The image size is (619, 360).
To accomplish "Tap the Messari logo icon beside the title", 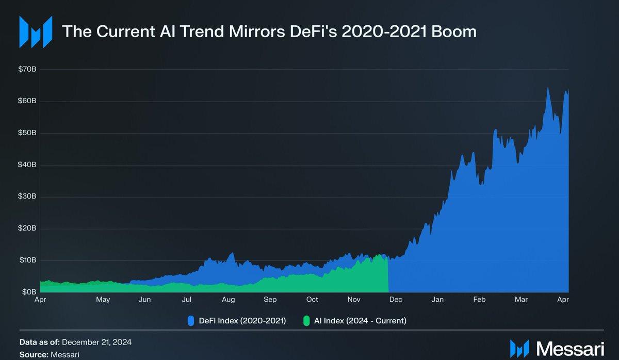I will click(36, 31).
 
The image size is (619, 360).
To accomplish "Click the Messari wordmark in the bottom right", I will click(570, 348).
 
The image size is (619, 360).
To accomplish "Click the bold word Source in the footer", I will click(34, 355).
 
